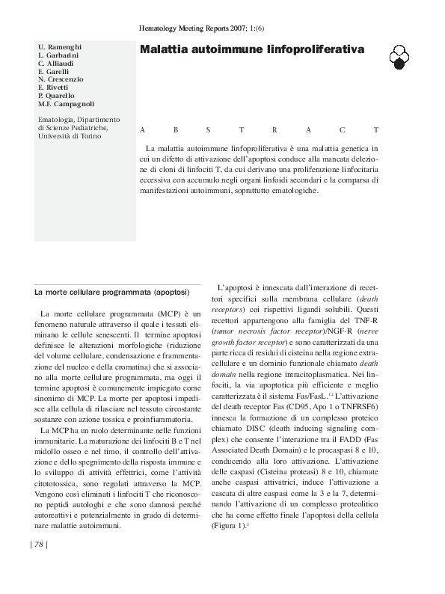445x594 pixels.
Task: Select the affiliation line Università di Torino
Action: coord(72,136)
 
